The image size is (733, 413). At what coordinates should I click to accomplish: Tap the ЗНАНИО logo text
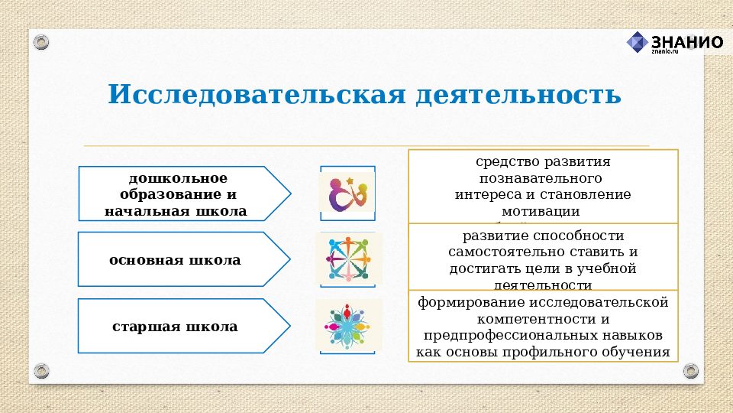click(x=686, y=41)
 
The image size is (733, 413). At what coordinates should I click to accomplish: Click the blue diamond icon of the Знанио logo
click(x=637, y=42)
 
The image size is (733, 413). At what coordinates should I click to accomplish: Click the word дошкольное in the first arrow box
click(x=173, y=178)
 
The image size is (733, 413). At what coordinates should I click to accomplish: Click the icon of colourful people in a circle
click(x=348, y=259)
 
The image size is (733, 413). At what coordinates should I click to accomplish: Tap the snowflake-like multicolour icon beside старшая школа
click(x=348, y=325)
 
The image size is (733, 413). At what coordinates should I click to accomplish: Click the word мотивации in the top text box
click(x=542, y=210)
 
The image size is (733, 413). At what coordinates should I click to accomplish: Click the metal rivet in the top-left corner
click(x=41, y=41)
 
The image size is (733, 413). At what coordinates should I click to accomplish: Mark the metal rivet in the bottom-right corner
click(x=691, y=371)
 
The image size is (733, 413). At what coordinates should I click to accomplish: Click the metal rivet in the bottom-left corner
click(x=41, y=371)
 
